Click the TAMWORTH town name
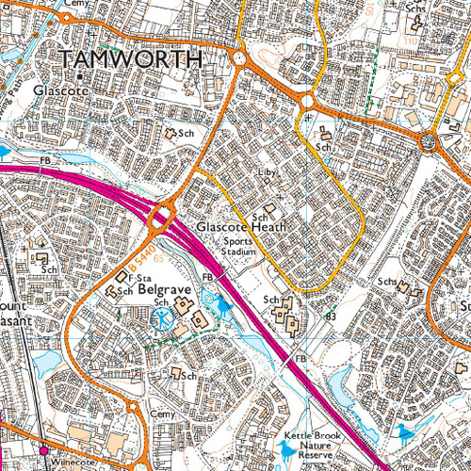point(131,59)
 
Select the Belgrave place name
point(165,292)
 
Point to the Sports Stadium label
point(238,247)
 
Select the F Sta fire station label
point(141,279)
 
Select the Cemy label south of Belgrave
point(163,414)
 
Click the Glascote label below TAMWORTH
point(59,90)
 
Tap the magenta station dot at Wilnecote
point(42,451)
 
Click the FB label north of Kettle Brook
point(300,360)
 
